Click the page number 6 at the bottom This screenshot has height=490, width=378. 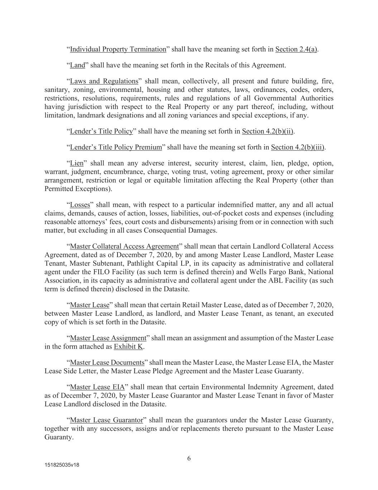tap(189, 458)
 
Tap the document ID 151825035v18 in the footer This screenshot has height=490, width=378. tap(62, 465)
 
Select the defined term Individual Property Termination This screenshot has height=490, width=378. tap(118, 49)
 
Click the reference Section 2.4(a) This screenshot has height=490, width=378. tap(296, 49)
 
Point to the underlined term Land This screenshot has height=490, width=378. tap(77, 65)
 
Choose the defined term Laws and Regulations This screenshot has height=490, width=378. tap(104, 81)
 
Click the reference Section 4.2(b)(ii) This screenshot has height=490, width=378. tap(268, 131)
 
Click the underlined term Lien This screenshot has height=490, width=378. tap(77, 163)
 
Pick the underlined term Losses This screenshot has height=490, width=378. tap(80, 205)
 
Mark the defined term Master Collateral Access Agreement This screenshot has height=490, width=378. tap(124, 246)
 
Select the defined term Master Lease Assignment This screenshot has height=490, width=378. tap(108, 338)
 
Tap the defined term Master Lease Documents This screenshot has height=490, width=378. tap(107, 363)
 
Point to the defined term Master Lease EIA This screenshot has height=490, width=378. tap(97, 387)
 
